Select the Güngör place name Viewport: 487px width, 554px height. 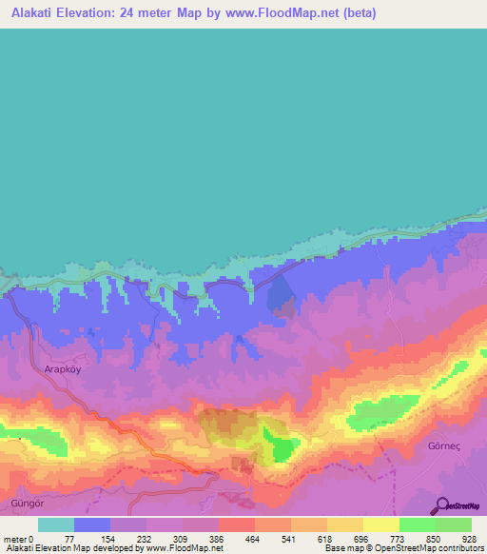(x=26, y=501)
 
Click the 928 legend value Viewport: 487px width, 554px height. (x=469, y=538)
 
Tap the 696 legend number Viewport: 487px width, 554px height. (x=360, y=538)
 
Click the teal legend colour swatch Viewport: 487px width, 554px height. (x=56, y=524)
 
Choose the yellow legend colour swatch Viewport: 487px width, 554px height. (x=380, y=524)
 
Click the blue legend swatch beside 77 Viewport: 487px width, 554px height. (x=92, y=524)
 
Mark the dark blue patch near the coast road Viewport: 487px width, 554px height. (x=281, y=290)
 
